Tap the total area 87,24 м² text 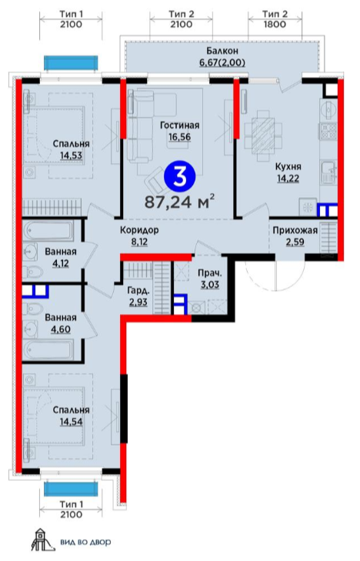179,202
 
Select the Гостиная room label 179,125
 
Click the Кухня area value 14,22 288,179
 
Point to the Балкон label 222,51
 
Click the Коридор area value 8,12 139,242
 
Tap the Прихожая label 295,230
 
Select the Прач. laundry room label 210,274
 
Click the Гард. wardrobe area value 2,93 138,302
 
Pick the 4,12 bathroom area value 60,264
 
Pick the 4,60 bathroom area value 61,329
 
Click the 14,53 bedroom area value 71,155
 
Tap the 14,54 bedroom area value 71,422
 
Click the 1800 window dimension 275,25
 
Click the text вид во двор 85,543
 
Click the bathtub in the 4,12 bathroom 48,231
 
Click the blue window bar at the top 71,62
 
